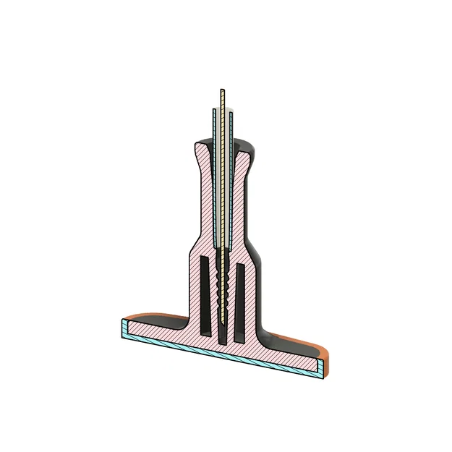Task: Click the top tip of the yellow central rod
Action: [222, 90]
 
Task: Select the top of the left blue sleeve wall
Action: [215, 112]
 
